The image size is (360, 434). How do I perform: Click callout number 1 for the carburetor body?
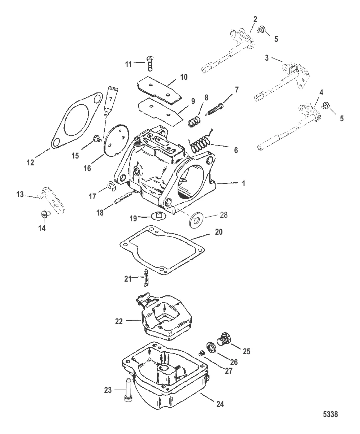coord(243,183)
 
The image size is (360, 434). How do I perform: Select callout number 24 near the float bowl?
coord(220,404)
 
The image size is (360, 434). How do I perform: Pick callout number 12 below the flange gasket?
coord(30,162)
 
